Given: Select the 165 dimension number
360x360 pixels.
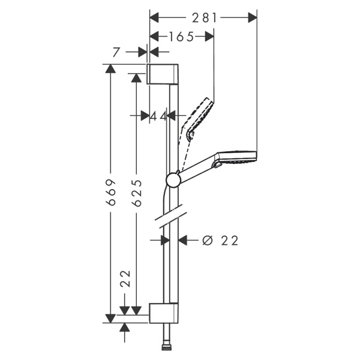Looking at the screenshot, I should point(181,37).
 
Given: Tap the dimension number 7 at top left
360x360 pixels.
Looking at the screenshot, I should point(116,53).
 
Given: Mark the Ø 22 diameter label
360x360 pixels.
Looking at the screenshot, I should point(220,241).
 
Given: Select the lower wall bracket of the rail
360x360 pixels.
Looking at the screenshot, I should point(163,313).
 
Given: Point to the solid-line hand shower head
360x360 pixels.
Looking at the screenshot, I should point(237,158).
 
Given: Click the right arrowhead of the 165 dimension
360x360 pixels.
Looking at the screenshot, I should point(209,37).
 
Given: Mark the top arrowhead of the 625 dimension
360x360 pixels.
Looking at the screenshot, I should point(137,77).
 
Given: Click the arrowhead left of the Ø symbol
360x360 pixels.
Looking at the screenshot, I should point(185,241).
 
